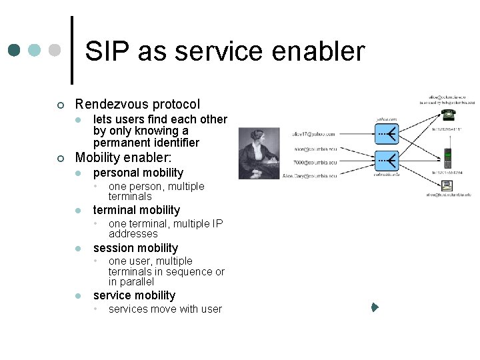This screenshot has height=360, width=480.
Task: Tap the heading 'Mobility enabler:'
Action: pyautogui.click(x=123, y=158)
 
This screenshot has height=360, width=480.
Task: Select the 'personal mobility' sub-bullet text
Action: pyautogui.click(x=138, y=173)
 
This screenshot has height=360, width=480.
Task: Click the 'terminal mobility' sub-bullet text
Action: pyautogui.click(x=136, y=210)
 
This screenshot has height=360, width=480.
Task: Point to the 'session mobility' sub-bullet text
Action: pyautogui.click(x=135, y=248)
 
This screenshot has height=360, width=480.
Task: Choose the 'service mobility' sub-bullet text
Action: pyautogui.click(x=134, y=295)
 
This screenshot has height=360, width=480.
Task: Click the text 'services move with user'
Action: pyautogui.click(x=165, y=309)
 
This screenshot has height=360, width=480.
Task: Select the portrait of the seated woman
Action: pyautogui.click(x=261, y=153)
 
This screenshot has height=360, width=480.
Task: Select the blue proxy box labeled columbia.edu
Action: pyautogui.click(x=387, y=161)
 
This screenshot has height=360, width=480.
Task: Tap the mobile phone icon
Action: pyautogui.click(x=448, y=159)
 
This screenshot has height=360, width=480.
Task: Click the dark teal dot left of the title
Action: pyautogui.click(x=15, y=51)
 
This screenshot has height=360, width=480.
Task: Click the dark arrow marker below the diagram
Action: pyautogui.click(x=375, y=308)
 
